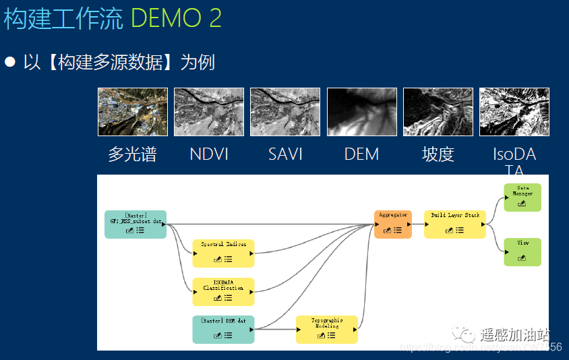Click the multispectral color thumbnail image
(x=132, y=112)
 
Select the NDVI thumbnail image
(x=208, y=112)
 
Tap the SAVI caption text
(x=284, y=154)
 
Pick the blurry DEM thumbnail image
(x=361, y=112)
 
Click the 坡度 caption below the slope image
(x=438, y=154)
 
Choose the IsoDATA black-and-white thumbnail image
(x=514, y=112)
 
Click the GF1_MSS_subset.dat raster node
(x=135, y=224)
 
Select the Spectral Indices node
(x=223, y=253)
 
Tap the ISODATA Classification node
(x=223, y=291)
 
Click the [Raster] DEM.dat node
(x=223, y=329)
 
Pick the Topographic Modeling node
(x=326, y=329)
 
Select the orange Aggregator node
(x=392, y=224)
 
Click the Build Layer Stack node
(x=455, y=224)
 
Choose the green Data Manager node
(x=522, y=197)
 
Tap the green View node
(x=522, y=251)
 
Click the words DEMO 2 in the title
(x=176, y=18)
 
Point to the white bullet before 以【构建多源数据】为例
(x=10, y=62)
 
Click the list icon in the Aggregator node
(x=398, y=230)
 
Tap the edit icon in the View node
(x=522, y=258)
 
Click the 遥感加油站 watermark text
(x=515, y=334)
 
